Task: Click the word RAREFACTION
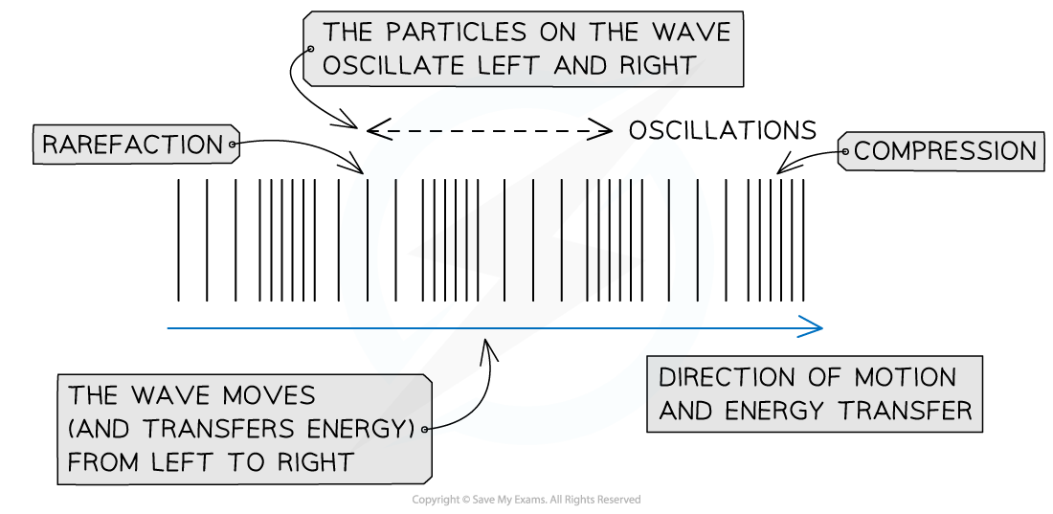point(131,145)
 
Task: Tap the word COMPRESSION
point(945,151)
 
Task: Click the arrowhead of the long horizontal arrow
point(814,328)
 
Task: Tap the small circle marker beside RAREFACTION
point(232,146)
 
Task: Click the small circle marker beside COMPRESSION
point(844,151)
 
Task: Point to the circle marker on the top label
point(310,49)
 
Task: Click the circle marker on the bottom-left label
point(425,430)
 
